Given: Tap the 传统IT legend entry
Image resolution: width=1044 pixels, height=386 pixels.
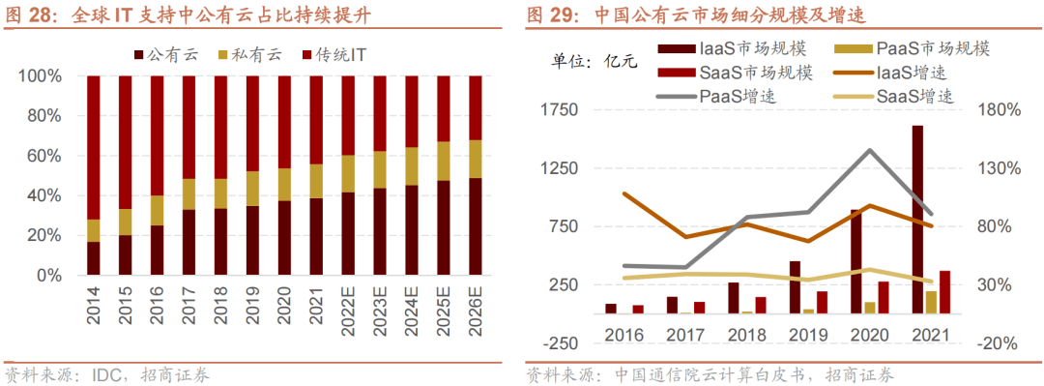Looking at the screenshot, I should [339, 52].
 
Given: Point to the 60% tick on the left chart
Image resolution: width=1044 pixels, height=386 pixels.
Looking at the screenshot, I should [41, 156].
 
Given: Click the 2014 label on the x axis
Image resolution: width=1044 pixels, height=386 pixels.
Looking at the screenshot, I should [95, 305].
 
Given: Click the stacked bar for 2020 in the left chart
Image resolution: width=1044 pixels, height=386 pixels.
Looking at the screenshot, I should [285, 174].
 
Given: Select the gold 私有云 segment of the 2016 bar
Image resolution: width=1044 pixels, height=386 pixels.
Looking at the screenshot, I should [158, 210].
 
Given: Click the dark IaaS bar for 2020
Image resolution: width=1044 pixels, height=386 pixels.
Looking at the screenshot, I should [856, 261].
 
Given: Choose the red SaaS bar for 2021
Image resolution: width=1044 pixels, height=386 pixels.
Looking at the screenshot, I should [944, 292].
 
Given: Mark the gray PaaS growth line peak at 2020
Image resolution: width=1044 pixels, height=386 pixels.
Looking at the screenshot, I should [870, 150].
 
